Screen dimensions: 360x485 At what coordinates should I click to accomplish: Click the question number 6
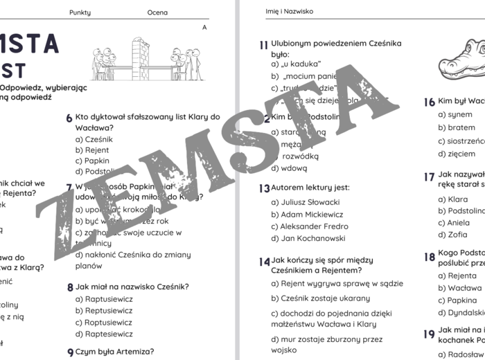point(69,118)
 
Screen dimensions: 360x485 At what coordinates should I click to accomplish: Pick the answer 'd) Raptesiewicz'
point(104,334)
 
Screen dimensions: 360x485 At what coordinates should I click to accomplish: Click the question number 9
point(70,352)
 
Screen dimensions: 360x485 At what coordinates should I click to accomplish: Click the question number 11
point(263,45)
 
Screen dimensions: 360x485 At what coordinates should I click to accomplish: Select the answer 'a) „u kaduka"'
point(294,64)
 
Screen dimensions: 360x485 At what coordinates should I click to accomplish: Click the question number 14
point(264,262)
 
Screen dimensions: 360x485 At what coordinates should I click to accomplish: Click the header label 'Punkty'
point(80,12)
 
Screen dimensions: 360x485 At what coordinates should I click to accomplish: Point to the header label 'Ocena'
point(157,12)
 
